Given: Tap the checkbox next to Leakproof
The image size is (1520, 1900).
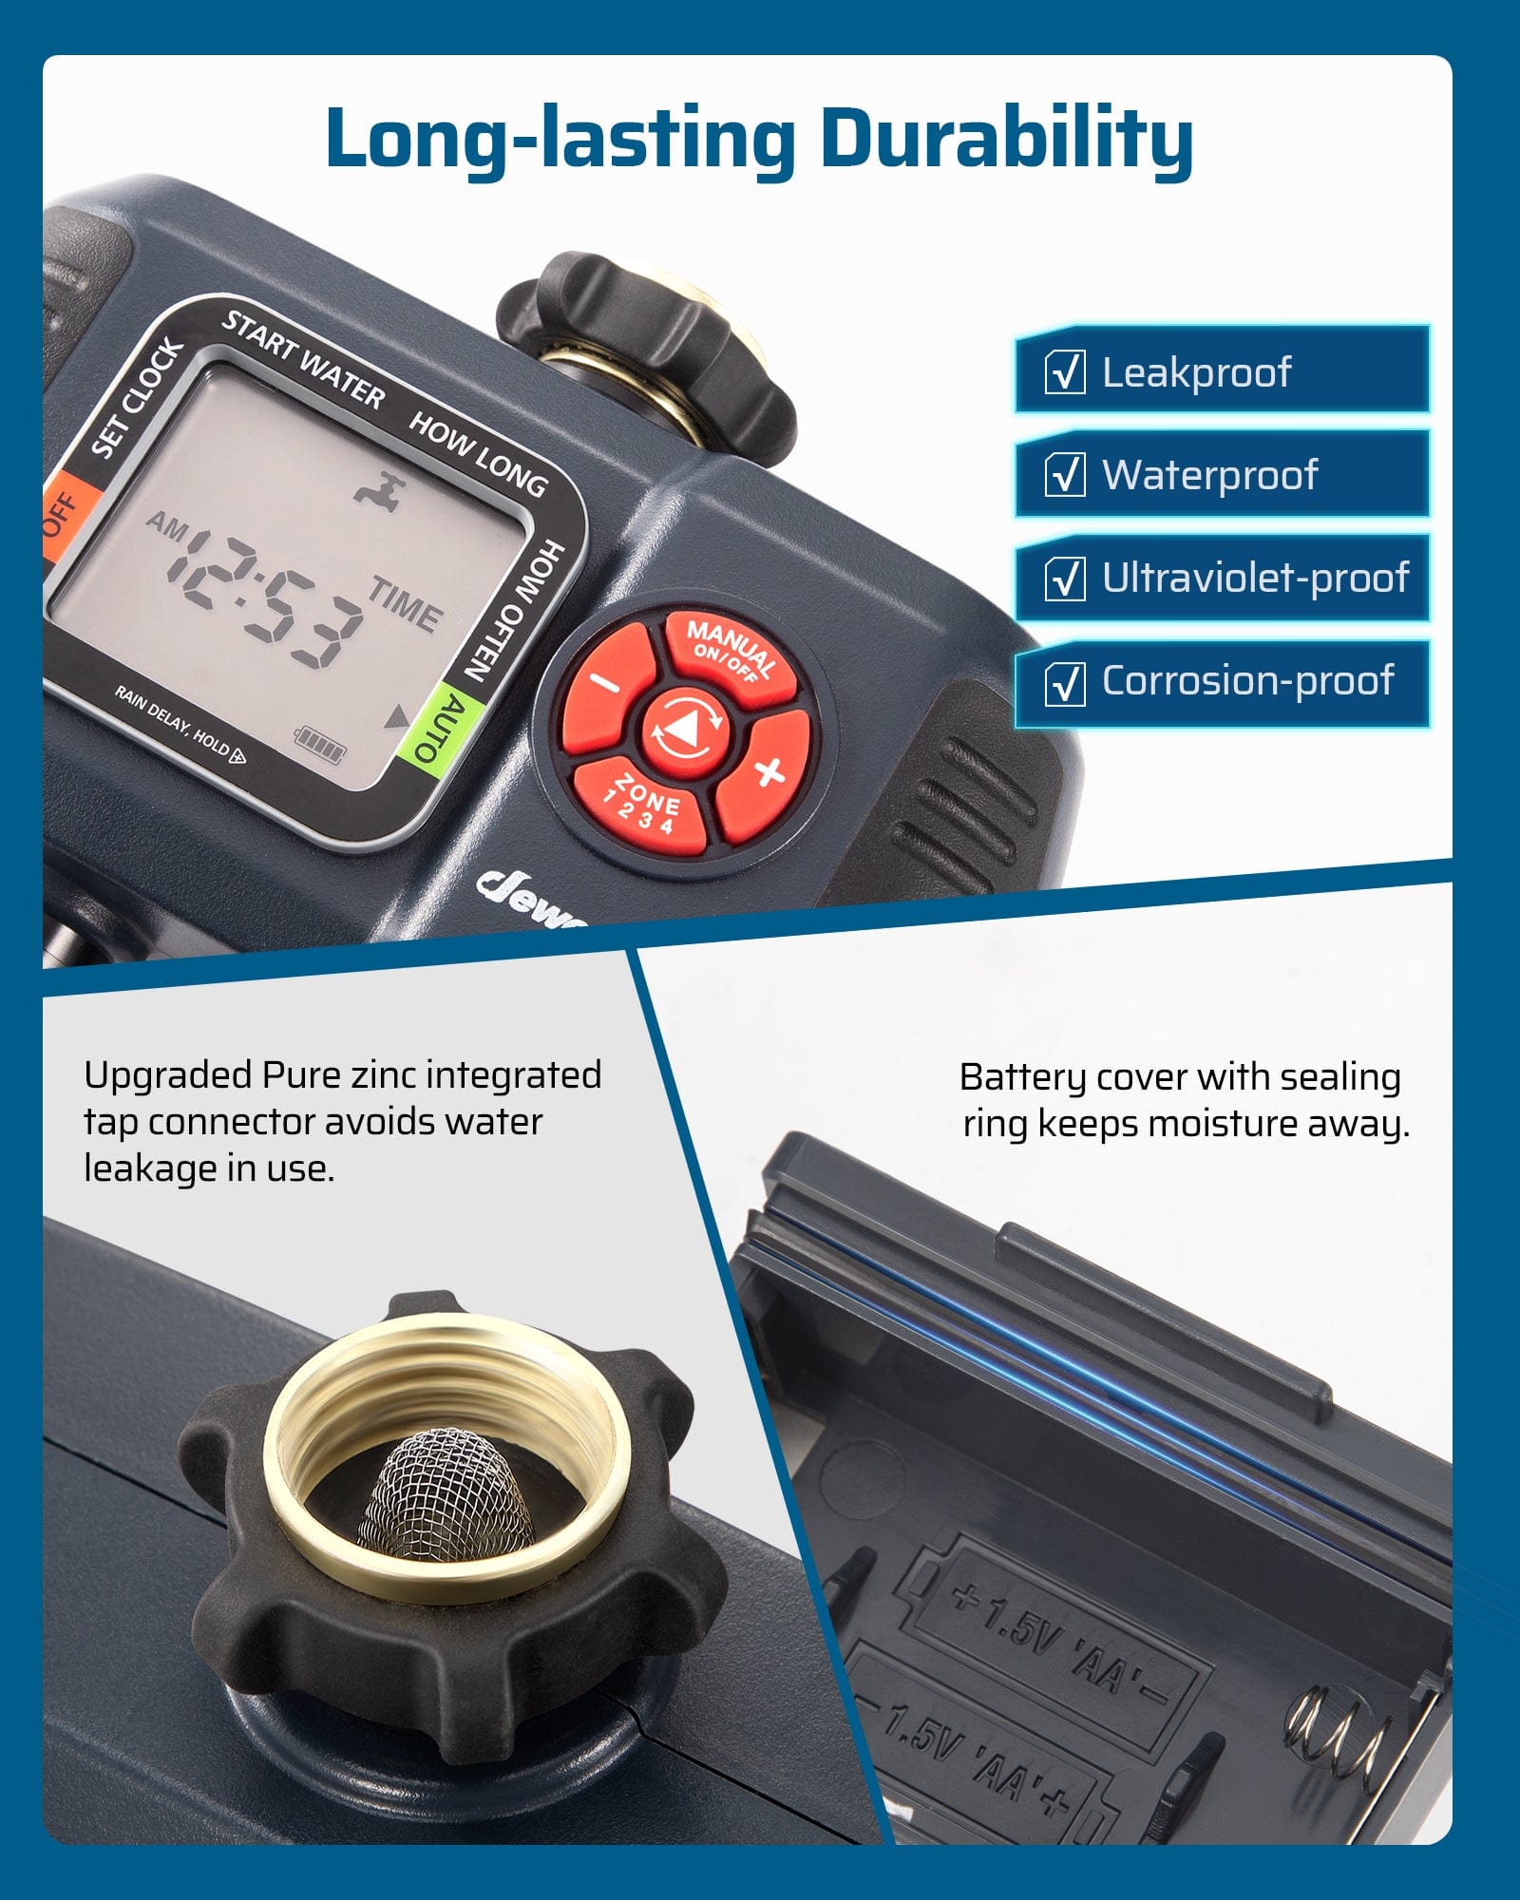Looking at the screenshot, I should pos(1064,372).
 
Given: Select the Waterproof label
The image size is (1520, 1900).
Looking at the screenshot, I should pos(1209,475).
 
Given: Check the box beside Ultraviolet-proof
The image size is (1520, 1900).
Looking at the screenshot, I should pos(1064,579).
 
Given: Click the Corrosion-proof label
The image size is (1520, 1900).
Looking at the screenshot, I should pos(1247,681).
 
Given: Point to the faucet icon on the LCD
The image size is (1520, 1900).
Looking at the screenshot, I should pos(380,490).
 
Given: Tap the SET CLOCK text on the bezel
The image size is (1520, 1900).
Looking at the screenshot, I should pos(137,399).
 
